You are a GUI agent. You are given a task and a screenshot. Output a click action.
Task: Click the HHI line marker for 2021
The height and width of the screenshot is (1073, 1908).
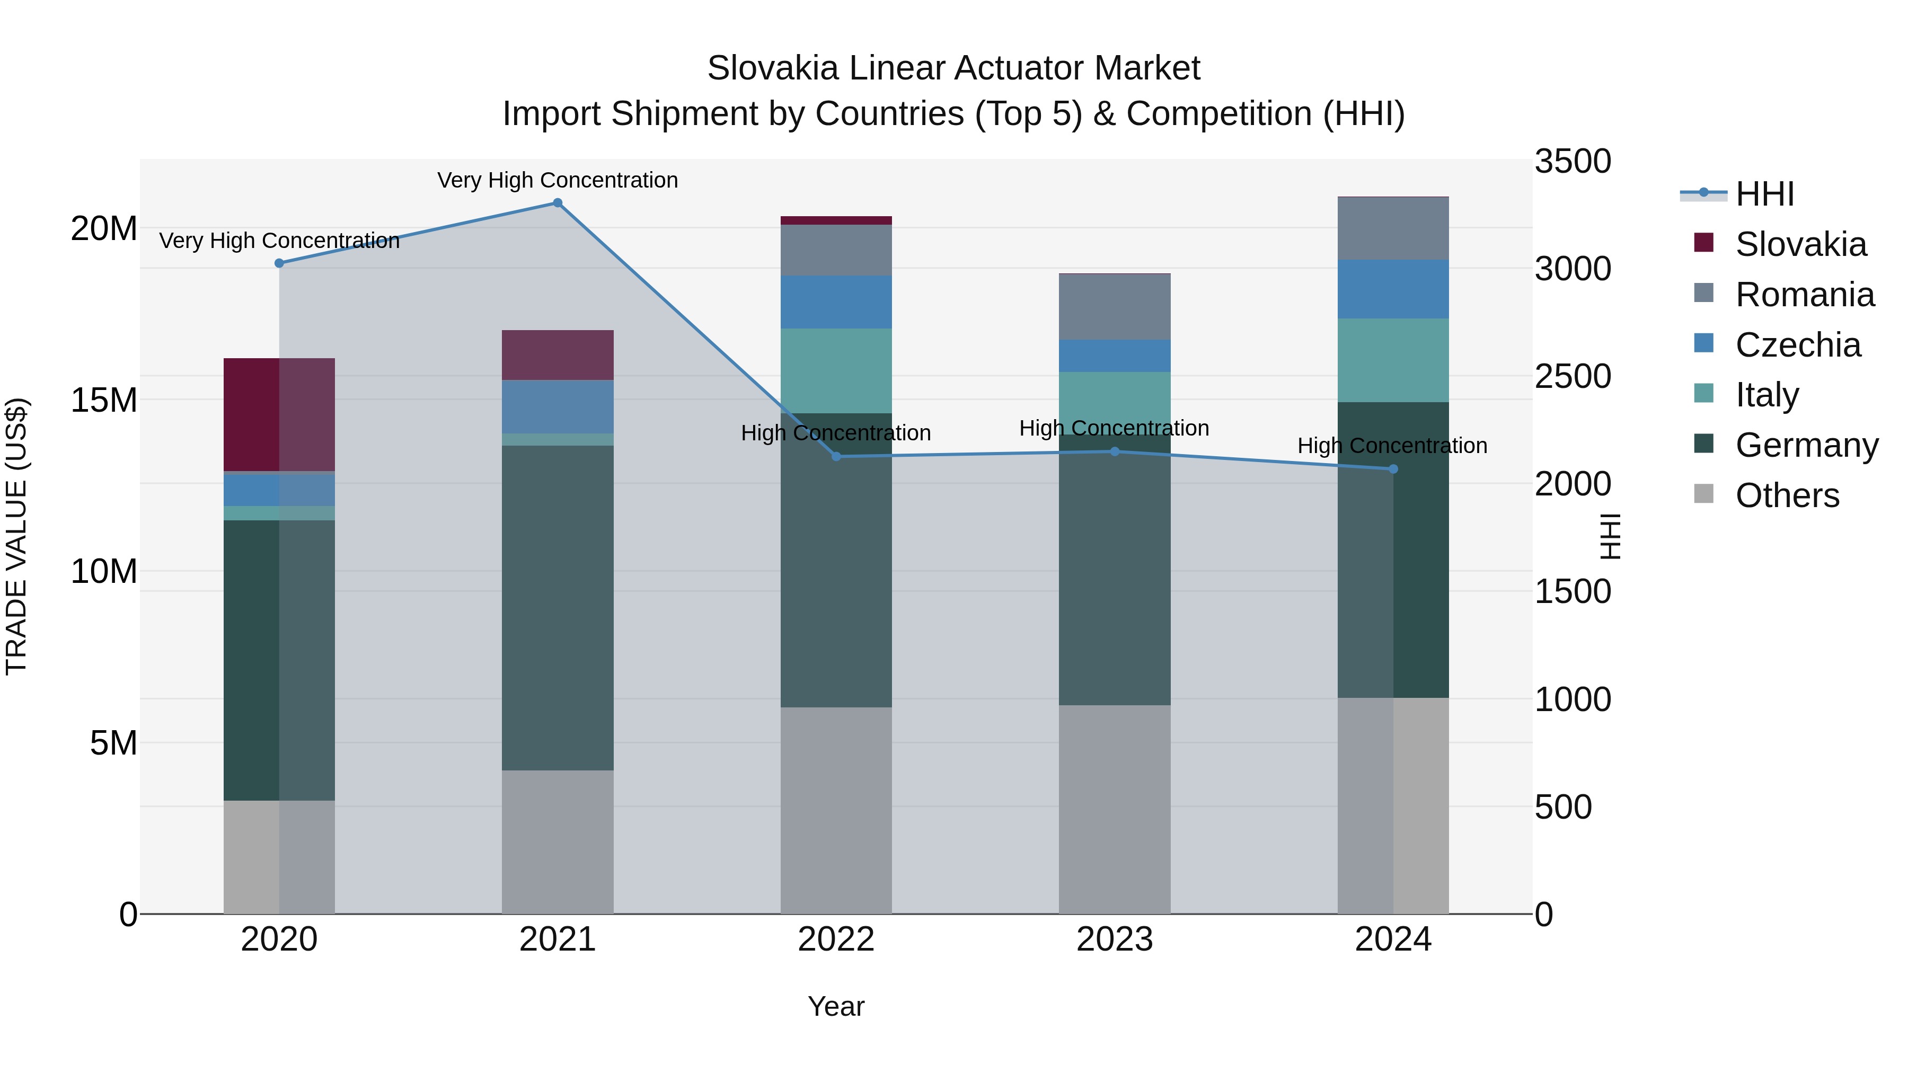tap(558, 203)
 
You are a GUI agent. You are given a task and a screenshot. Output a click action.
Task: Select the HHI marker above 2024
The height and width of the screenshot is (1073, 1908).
tap(1392, 469)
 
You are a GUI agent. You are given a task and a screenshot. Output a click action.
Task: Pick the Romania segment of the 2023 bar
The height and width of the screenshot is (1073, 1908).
tap(1114, 307)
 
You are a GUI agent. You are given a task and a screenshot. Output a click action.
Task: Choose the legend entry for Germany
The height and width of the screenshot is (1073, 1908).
tap(1806, 445)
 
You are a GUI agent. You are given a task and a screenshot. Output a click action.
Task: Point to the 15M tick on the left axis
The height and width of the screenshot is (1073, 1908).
tap(104, 400)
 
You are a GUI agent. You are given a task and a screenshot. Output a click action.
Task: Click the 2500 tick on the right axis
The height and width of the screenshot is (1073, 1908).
tap(1572, 376)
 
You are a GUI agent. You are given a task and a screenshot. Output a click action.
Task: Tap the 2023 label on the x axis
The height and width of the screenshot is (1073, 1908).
tap(1114, 939)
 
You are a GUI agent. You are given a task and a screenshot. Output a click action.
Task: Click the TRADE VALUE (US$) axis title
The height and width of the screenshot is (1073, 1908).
tap(16, 536)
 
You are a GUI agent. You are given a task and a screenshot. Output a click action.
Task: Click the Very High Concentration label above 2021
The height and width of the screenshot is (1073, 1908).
tap(558, 180)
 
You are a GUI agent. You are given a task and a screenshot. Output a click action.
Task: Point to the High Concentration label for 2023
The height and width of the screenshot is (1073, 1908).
tap(1114, 428)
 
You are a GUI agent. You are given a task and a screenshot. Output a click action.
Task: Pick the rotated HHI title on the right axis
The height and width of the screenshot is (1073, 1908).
tap(1610, 536)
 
